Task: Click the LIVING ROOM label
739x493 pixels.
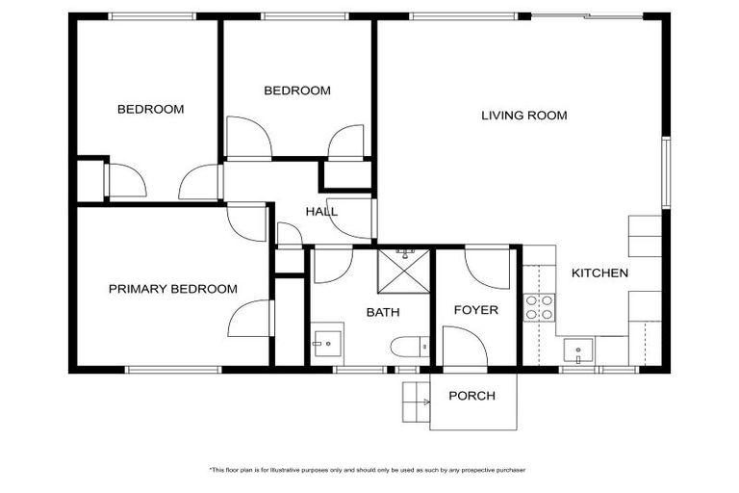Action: [x=523, y=116]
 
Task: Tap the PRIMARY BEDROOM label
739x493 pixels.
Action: [x=172, y=289]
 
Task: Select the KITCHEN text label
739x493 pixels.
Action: [x=599, y=273]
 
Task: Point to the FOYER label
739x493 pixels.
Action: [x=476, y=310]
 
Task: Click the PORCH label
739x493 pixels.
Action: [x=472, y=396]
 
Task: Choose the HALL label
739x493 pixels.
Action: [x=321, y=212]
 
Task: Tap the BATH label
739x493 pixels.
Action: [x=383, y=313]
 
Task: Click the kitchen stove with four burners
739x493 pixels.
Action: [x=539, y=307]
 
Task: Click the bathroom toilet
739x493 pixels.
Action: [x=408, y=348]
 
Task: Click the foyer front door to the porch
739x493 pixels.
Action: [x=464, y=347]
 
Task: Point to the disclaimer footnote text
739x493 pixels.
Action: [x=369, y=470]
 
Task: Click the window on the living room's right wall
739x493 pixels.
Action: [x=665, y=172]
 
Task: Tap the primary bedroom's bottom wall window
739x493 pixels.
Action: [x=174, y=369]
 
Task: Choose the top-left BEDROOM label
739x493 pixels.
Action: [x=150, y=110]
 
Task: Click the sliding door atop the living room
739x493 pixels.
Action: [x=587, y=15]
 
